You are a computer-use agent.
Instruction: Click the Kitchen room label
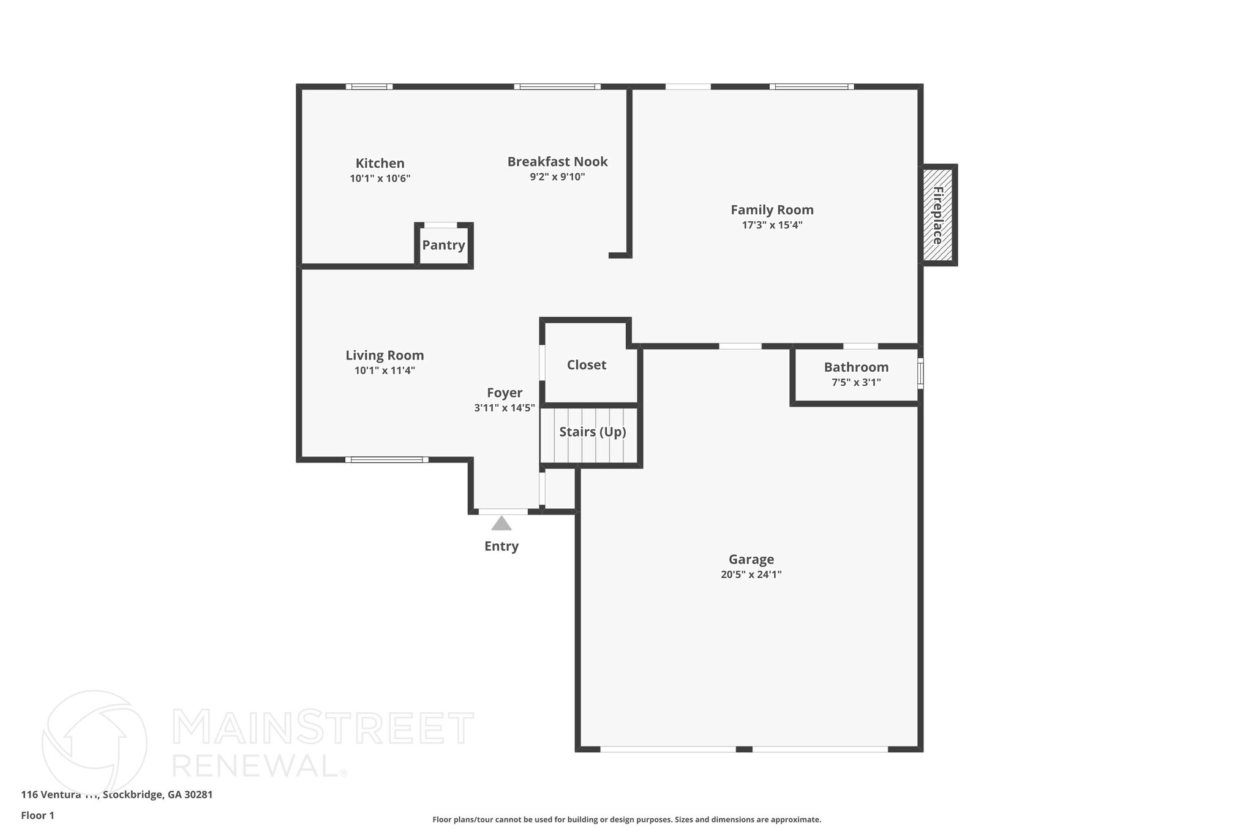click(x=380, y=164)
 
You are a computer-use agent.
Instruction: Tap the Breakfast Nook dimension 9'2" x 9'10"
click(x=557, y=177)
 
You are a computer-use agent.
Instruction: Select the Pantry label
click(x=443, y=245)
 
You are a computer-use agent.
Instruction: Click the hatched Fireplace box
click(x=937, y=215)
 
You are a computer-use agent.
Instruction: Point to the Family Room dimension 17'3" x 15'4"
click(x=772, y=225)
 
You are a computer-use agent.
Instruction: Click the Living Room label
click(x=385, y=355)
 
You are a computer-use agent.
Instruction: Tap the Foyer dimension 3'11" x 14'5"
click(x=504, y=408)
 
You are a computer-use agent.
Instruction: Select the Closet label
click(x=586, y=365)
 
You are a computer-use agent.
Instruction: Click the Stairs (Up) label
click(x=592, y=432)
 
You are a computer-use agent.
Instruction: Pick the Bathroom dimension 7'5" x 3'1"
click(x=855, y=383)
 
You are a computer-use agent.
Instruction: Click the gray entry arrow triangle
click(x=501, y=524)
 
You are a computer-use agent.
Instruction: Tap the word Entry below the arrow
click(x=501, y=546)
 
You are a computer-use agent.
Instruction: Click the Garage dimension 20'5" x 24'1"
click(x=751, y=574)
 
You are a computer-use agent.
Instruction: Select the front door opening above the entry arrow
click(x=503, y=511)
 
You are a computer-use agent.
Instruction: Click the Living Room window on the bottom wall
click(x=386, y=459)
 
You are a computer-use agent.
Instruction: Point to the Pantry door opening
click(x=441, y=225)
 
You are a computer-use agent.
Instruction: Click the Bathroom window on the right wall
click(x=920, y=374)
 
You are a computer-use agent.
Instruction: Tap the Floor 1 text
click(x=37, y=815)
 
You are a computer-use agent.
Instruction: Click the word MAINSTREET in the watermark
click(x=323, y=729)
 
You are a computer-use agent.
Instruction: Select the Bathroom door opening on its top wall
click(x=860, y=346)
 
